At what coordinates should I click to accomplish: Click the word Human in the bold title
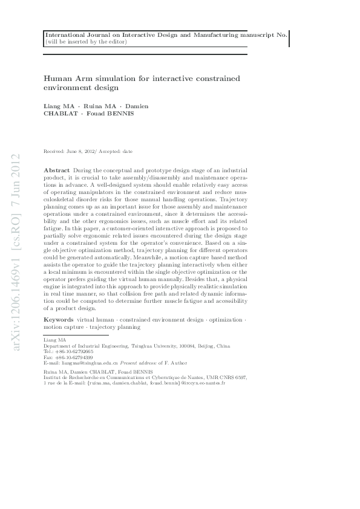pyautogui.click(x=56, y=79)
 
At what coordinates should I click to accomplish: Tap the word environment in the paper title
pyautogui.click(x=66, y=88)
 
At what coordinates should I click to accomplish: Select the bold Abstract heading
pyautogui.click(x=57, y=171)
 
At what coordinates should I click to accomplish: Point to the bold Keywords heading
pyautogui.click(x=59, y=319)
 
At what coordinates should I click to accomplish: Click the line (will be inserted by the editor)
pyautogui.click(x=80, y=42)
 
